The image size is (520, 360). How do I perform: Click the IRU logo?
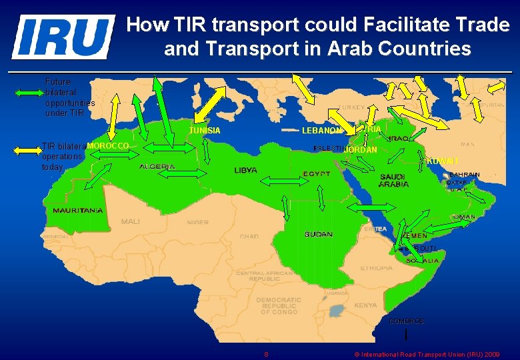click(x=63, y=37)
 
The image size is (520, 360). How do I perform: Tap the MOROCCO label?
click(x=107, y=145)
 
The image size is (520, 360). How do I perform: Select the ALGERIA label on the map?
click(x=157, y=167)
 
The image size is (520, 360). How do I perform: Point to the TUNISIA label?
click(x=205, y=131)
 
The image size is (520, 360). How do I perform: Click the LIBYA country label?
click(x=245, y=171)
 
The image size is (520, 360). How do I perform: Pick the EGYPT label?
click(x=317, y=174)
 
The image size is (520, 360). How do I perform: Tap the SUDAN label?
click(x=319, y=235)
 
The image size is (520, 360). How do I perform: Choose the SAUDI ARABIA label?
click(x=394, y=181)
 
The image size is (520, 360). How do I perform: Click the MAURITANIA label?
click(x=78, y=211)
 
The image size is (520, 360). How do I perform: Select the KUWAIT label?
click(x=443, y=161)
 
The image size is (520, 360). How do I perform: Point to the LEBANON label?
click(x=322, y=131)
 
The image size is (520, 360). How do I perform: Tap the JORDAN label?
click(x=361, y=150)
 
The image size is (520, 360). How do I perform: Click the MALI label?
click(x=131, y=221)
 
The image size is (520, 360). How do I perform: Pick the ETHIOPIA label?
click(x=377, y=268)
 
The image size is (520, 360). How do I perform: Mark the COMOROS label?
click(x=406, y=321)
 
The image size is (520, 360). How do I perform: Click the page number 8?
click(x=266, y=354)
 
